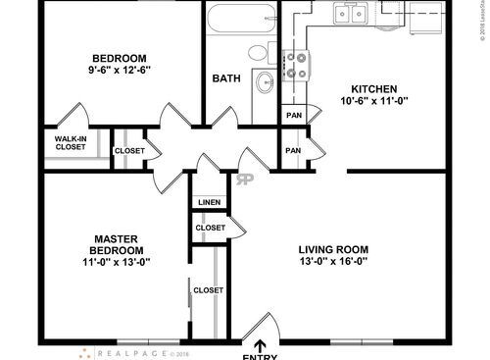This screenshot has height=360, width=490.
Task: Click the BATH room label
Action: pos(226,77)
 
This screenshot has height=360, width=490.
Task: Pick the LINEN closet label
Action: pos(210,203)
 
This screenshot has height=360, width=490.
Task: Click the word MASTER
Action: pos(121,238)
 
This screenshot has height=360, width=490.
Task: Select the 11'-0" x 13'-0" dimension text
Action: pos(121,262)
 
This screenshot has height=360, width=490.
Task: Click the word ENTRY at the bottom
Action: pos(260,356)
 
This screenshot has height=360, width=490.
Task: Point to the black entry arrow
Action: pos(260,343)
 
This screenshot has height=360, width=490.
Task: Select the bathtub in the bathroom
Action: pos(241,19)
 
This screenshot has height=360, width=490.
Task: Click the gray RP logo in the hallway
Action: pos(244,179)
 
